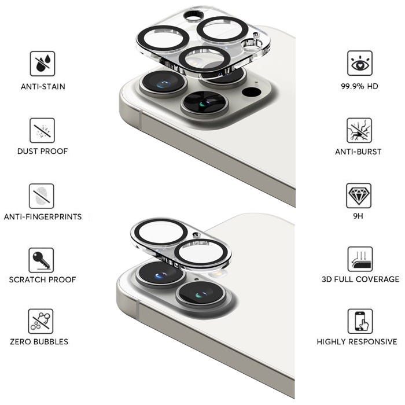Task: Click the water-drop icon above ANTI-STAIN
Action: (42, 64)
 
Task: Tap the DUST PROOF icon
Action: (42, 130)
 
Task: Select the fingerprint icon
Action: (41, 196)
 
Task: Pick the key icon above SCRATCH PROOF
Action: (41, 260)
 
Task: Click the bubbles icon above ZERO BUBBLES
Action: (41, 321)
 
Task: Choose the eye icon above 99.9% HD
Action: (360, 63)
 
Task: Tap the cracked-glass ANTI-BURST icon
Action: (359, 130)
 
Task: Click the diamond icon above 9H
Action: (359, 196)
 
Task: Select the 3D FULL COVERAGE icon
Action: (360, 259)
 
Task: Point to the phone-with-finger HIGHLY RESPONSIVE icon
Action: (360, 321)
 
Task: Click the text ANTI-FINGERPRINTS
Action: (43, 217)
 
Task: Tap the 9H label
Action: (358, 216)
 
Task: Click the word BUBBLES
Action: (51, 342)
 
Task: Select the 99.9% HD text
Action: (359, 86)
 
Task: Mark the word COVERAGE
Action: (379, 279)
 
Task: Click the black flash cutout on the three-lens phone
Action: (251, 92)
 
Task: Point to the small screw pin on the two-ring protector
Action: (196, 235)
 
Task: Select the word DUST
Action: (27, 151)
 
